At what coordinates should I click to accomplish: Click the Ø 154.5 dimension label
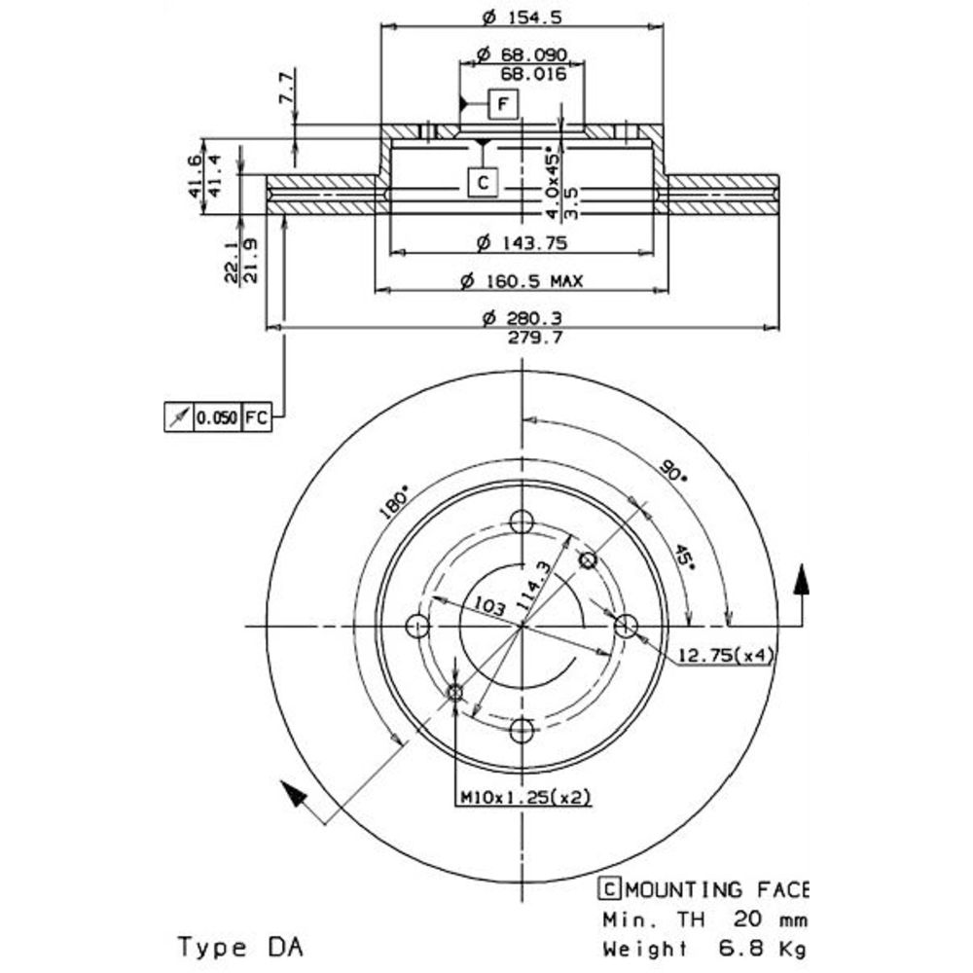[522, 18]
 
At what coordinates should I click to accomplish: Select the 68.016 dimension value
[533, 75]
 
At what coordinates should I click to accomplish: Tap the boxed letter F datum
[503, 104]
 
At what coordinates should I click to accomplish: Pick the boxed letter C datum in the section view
[483, 183]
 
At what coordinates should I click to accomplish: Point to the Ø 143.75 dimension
[522, 242]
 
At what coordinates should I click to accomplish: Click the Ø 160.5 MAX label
[522, 282]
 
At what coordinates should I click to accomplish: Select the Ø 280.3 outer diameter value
[522, 318]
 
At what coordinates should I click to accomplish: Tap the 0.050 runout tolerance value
[217, 417]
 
